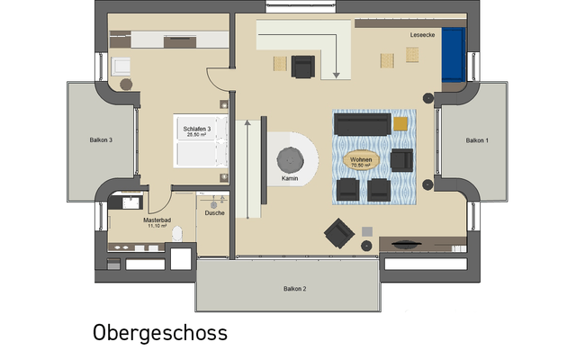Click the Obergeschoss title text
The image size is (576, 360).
[x=160, y=333]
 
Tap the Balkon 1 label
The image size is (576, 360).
[x=476, y=140]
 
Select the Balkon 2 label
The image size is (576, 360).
[x=294, y=288]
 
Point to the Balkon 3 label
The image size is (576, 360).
[x=100, y=140]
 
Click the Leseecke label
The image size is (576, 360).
[x=422, y=35]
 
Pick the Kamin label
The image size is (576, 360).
[x=290, y=178]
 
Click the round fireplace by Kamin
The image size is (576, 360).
[x=291, y=159]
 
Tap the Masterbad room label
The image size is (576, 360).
[x=157, y=220]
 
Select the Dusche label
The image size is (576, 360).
[x=215, y=212]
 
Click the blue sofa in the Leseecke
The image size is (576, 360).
[x=453, y=54]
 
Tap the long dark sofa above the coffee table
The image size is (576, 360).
[x=362, y=123]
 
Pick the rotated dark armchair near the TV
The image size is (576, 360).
[x=339, y=232]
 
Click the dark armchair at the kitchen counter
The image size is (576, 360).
[x=303, y=66]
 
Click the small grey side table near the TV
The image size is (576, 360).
[x=367, y=231]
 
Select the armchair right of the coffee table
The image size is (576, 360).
[x=401, y=160]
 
